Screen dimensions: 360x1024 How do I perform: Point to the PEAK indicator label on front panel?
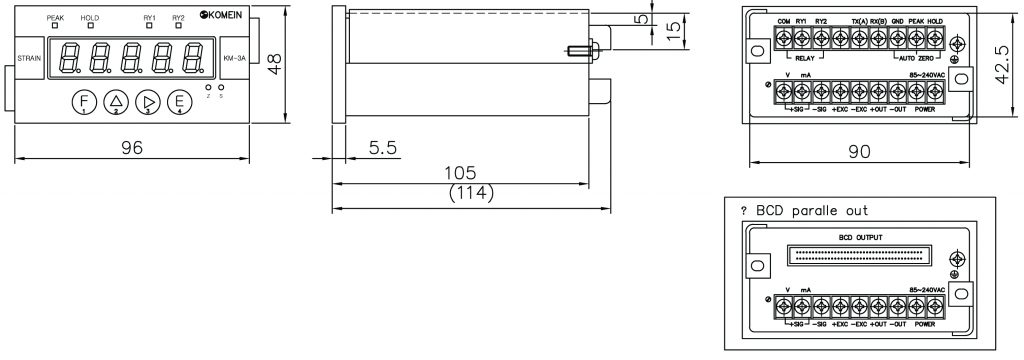click(56, 18)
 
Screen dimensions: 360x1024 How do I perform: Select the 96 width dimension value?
click(132, 146)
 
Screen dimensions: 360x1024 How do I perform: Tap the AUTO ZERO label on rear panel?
click(912, 58)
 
